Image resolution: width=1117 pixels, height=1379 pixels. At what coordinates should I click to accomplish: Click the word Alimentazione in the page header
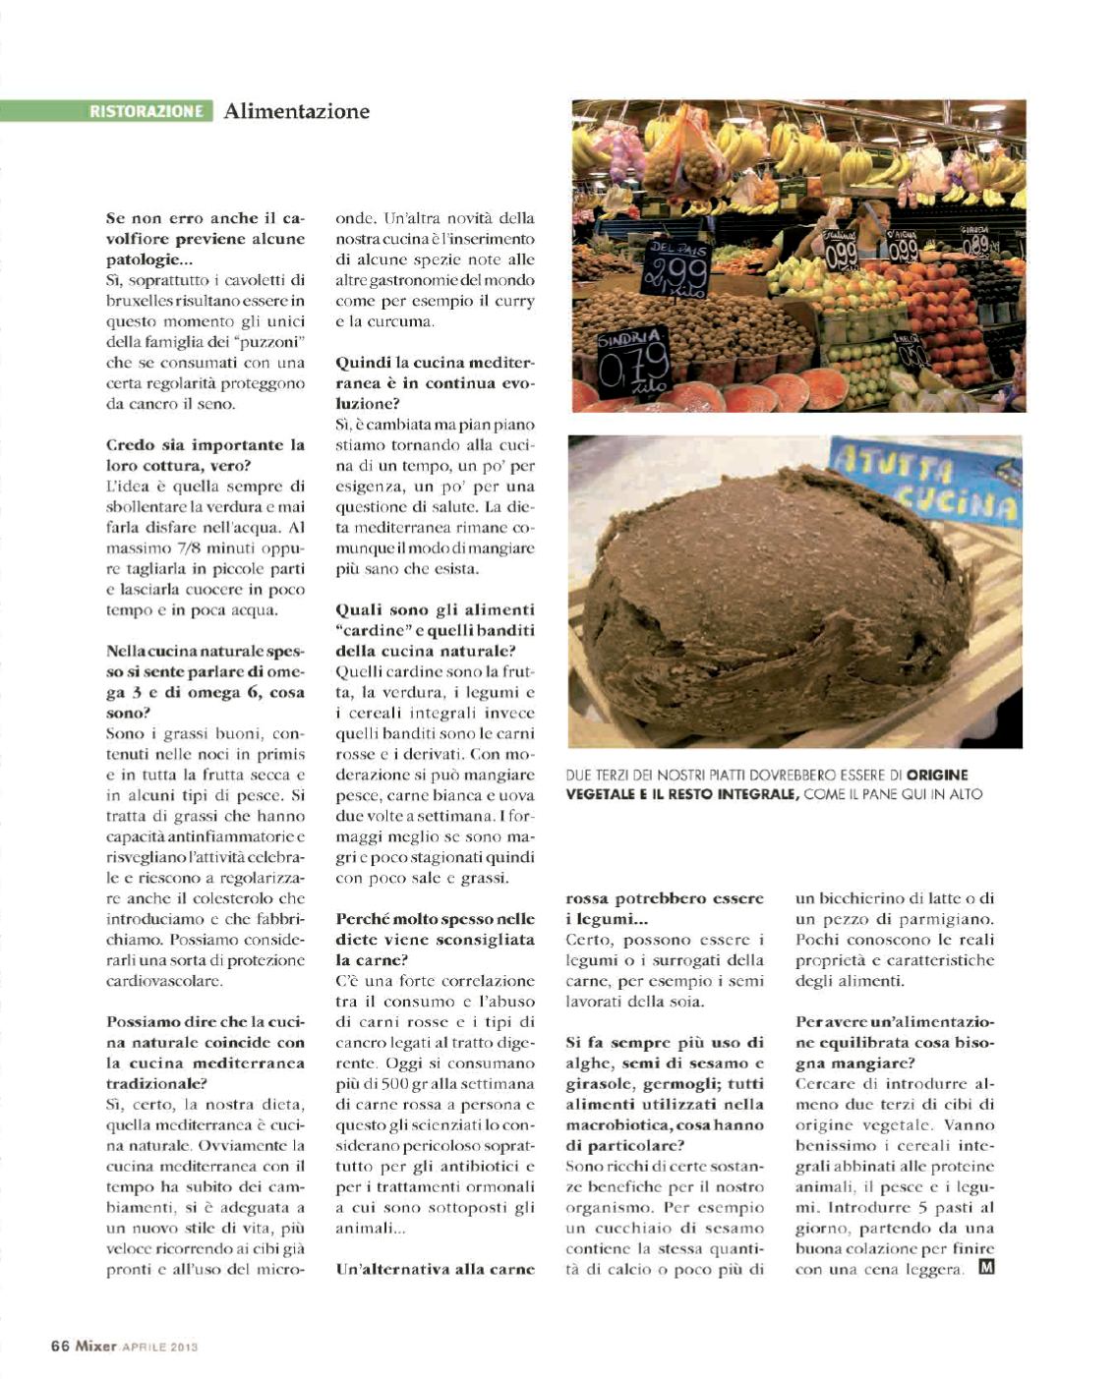(296, 111)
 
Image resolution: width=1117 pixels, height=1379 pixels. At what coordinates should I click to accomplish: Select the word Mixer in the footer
(96, 1347)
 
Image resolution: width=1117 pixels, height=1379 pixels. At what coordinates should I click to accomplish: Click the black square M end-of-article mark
(986, 1268)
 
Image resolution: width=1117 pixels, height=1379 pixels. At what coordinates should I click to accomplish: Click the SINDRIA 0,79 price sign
(633, 365)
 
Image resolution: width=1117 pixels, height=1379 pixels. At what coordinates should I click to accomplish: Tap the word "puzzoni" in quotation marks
(267, 342)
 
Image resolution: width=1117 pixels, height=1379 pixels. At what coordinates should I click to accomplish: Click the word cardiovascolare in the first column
(165, 981)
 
